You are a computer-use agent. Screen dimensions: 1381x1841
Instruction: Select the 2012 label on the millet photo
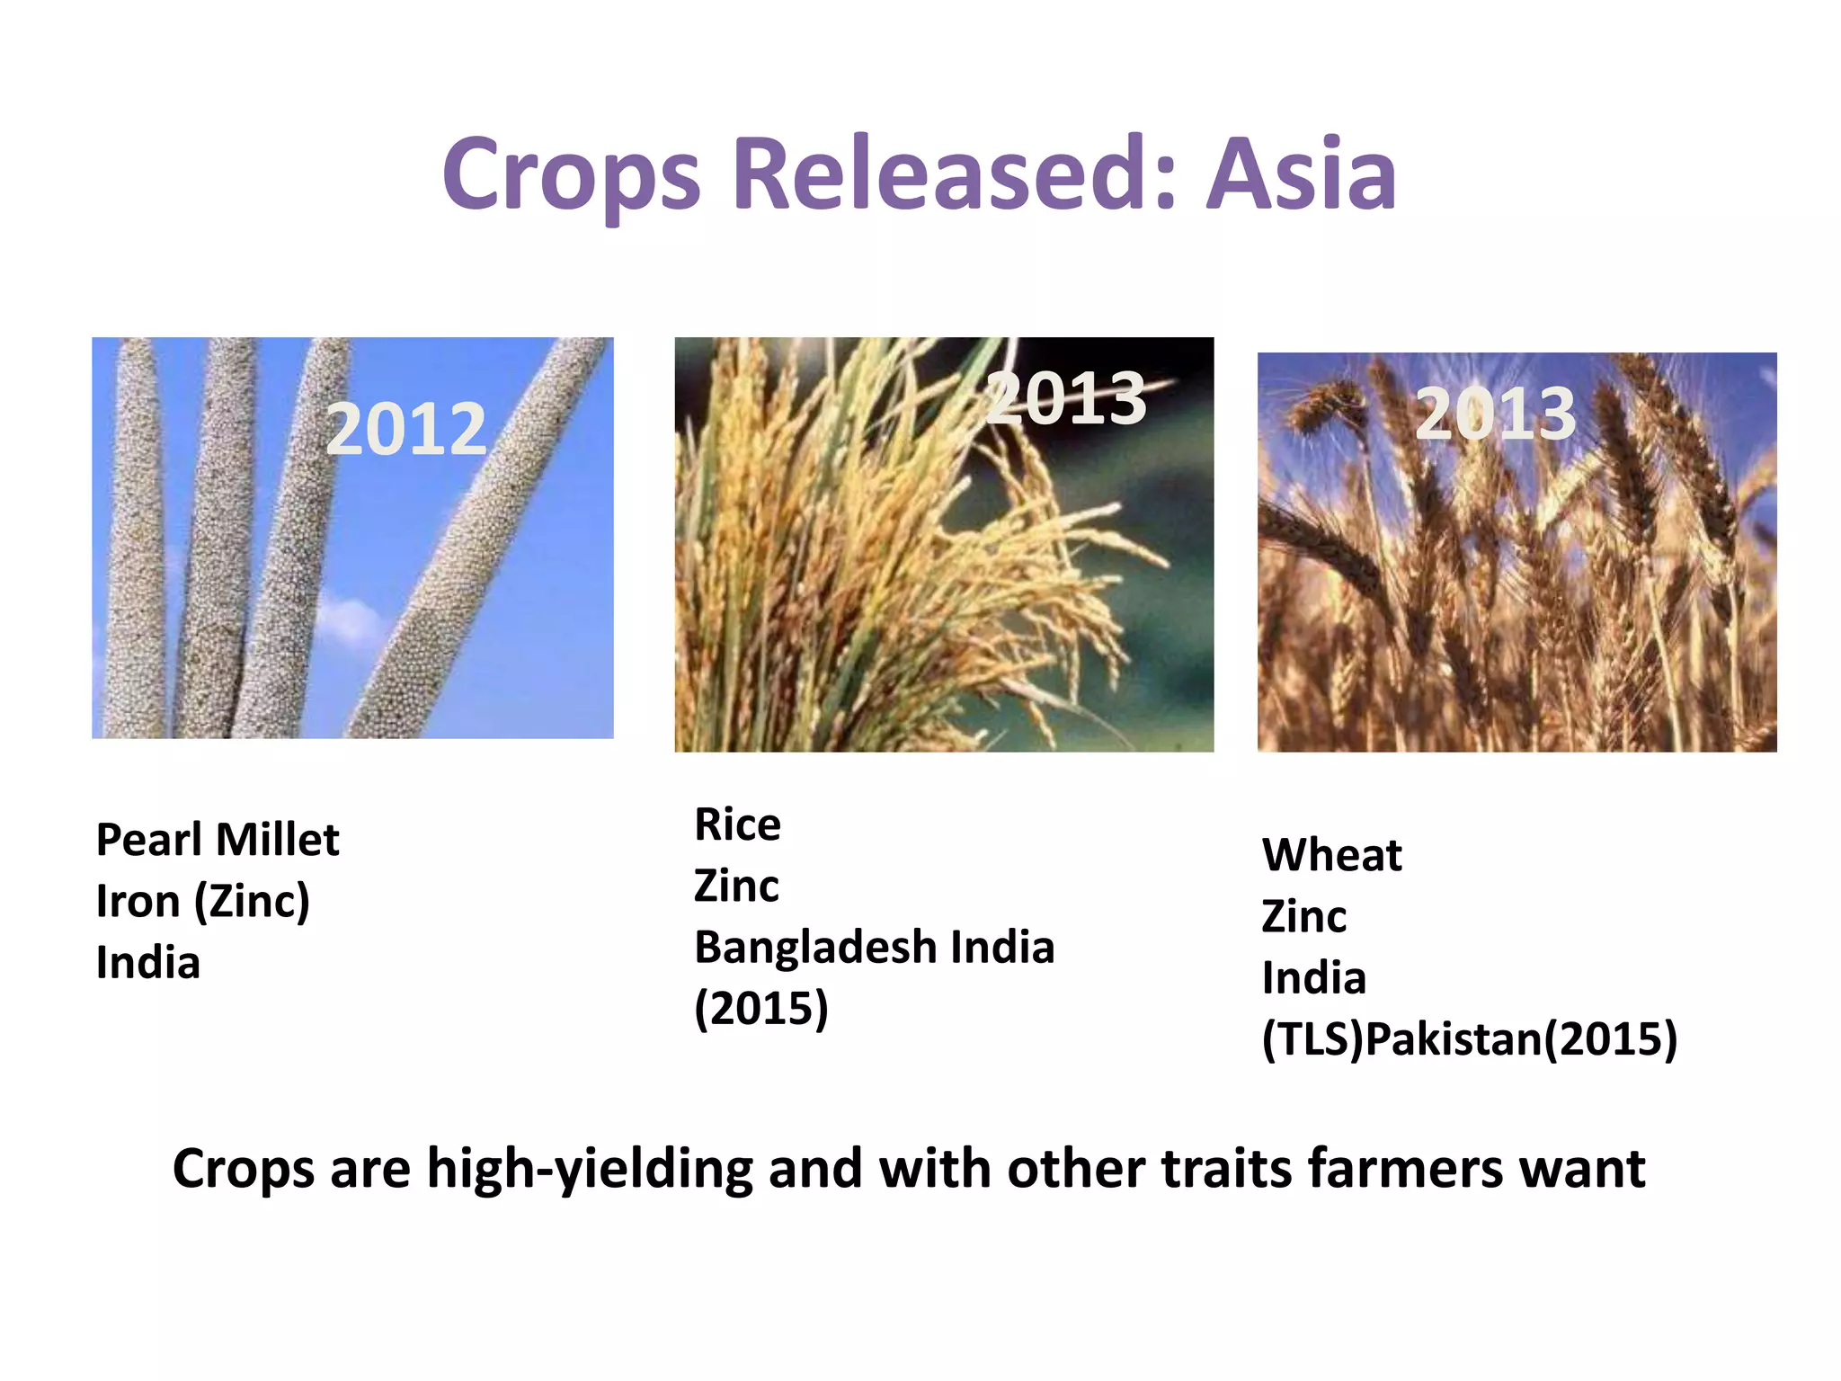(x=406, y=429)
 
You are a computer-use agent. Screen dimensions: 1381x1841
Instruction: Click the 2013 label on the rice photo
(x=1066, y=398)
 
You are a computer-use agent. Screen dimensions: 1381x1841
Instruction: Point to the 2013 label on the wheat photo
(x=1496, y=414)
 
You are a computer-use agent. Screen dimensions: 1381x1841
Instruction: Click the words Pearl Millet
(x=218, y=841)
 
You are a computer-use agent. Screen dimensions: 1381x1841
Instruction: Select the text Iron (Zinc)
(x=203, y=902)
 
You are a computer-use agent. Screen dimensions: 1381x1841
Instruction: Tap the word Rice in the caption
(x=737, y=824)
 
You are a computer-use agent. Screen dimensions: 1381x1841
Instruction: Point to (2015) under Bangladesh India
(x=761, y=1009)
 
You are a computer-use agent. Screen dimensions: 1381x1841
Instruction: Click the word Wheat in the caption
(x=1331, y=855)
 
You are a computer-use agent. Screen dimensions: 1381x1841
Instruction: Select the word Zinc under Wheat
(x=1304, y=917)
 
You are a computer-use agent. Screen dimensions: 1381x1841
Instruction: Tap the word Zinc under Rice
(x=736, y=887)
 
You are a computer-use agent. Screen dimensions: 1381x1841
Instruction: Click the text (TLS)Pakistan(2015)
(x=1470, y=1040)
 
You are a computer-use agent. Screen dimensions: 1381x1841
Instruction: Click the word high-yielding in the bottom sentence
(x=589, y=1170)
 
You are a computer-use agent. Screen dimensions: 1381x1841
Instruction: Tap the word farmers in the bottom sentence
(x=1405, y=1169)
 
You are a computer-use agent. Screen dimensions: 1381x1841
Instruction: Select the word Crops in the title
(x=571, y=175)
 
